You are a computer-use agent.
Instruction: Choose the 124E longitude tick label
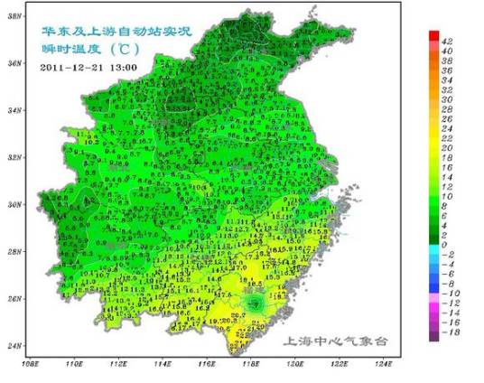[383, 363]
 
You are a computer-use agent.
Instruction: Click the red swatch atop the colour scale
[434, 34]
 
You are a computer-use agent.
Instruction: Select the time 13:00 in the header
[124, 68]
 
